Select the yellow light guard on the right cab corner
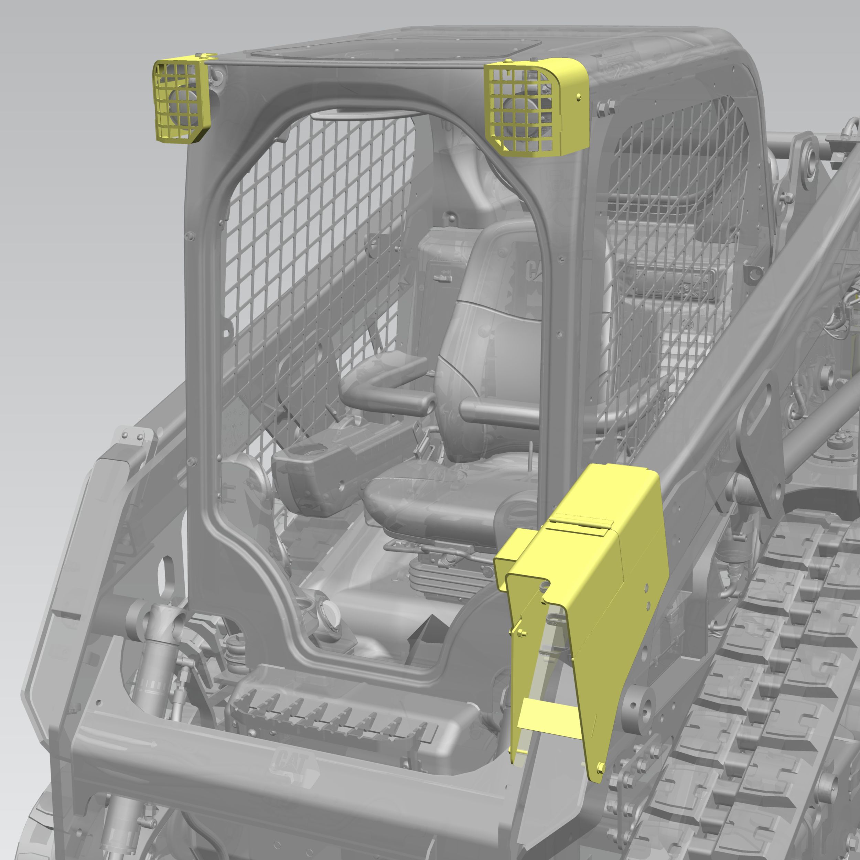[x=539, y=107]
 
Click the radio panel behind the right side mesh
[x=668, y=278]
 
